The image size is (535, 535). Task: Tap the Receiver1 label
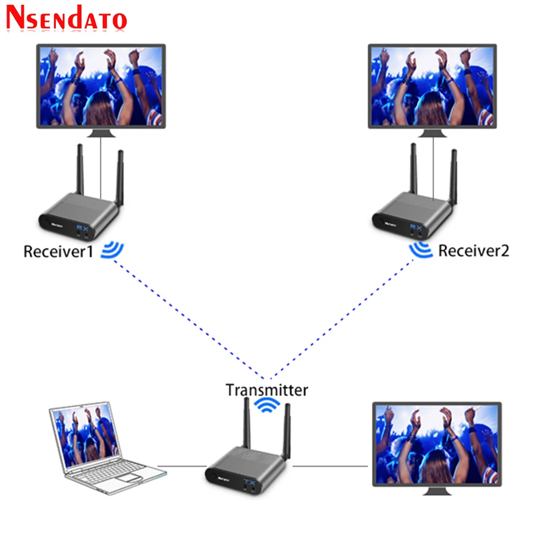coord(58,251)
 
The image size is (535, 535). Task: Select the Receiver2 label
coord(474,250)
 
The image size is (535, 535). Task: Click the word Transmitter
coord(267,390)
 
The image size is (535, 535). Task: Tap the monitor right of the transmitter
coord(436,443)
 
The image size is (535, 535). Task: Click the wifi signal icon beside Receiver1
coord(112,250)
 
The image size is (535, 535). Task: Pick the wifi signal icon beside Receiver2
coord(421,251)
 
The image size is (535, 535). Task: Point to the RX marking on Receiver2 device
coord(416,227)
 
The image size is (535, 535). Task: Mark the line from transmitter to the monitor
coord(330,466)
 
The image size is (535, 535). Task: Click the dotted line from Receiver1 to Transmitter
coord(190,321)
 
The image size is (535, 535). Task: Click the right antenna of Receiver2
coord(453,178)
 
